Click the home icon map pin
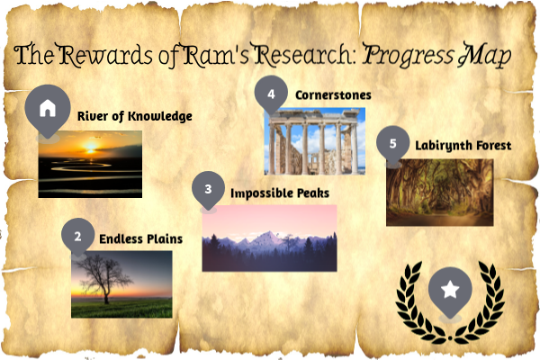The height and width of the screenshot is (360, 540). [47, 107]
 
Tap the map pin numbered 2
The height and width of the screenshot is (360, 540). [78, 236]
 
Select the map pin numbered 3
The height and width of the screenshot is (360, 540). [209, 189]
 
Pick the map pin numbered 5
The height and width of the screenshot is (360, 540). [392, 143]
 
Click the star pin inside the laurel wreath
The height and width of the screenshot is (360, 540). [450, 290]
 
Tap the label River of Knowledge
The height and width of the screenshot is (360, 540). [134, 116]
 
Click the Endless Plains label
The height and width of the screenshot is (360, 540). [140, 238]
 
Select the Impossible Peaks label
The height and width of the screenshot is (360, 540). [280, 193]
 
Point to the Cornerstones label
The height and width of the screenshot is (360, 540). [333, 94]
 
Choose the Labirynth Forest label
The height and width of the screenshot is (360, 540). [463, 145]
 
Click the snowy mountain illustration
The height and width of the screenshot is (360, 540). [269, 238]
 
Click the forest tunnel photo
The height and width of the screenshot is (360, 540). [439, 193]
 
